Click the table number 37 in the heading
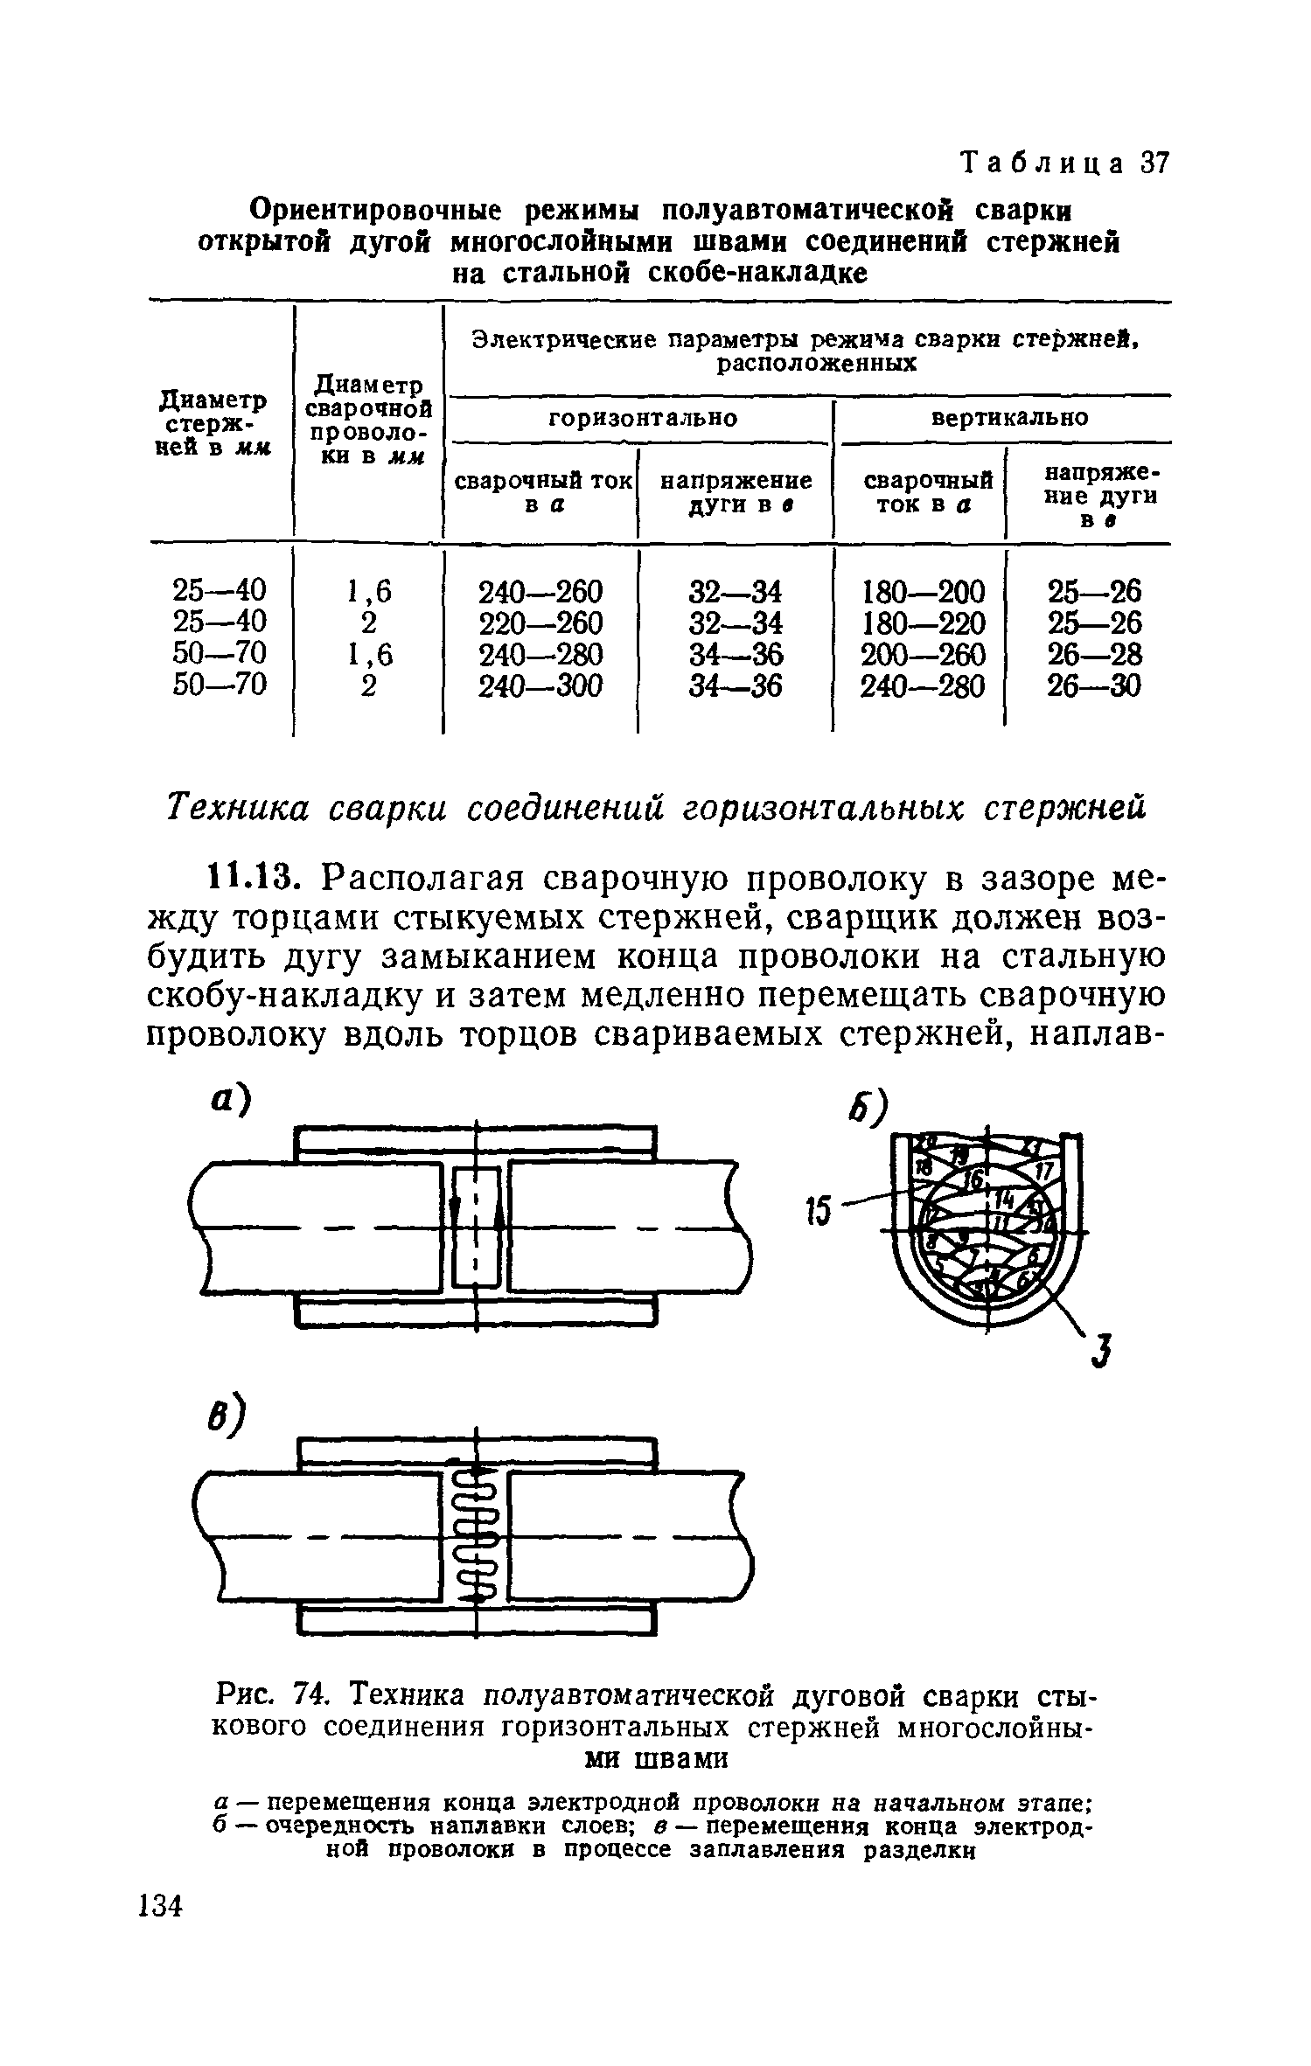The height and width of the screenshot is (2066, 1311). click(1154, 163)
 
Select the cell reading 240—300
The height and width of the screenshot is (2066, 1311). click(540, 686)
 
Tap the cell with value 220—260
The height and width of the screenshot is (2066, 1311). click(540, 623)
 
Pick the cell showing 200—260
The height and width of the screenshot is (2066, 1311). click(923, 655)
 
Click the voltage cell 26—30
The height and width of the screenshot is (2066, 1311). click(1094, 686)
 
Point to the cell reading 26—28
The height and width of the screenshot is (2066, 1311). click(1094, 655)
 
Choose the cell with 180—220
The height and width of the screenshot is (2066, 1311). click(923, 623)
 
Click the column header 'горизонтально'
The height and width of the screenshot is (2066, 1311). click(643, 418)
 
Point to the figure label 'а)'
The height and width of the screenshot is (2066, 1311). click(229, 1101)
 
